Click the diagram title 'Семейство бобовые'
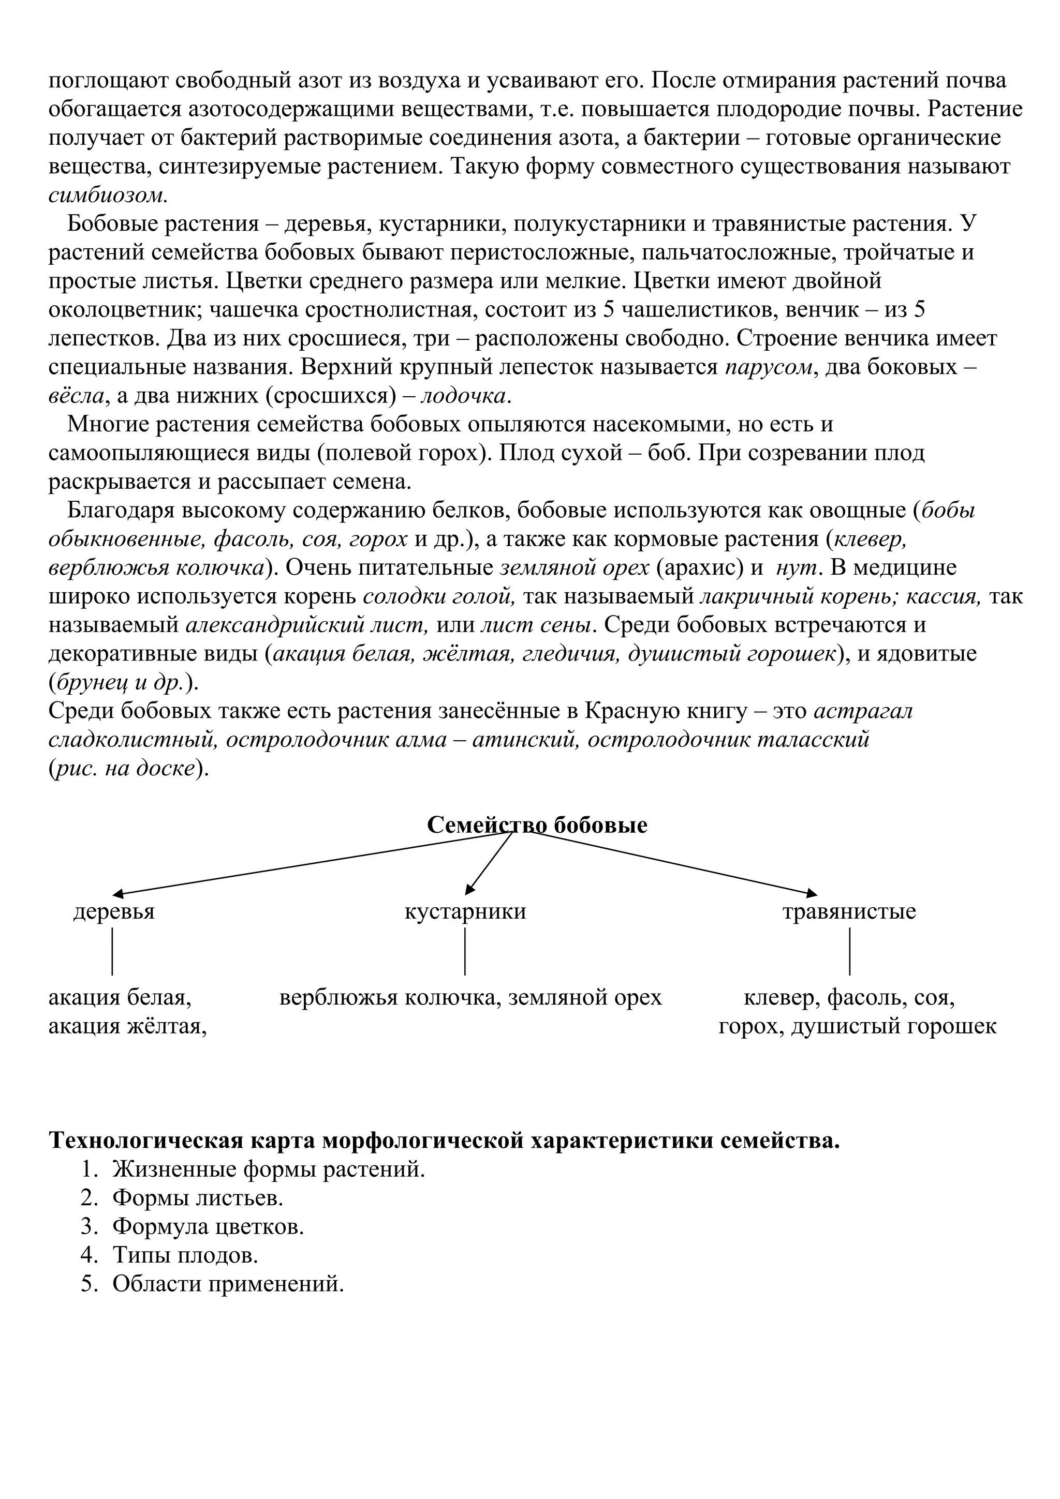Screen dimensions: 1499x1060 click(537, 825)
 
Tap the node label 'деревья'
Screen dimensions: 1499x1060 click(114, 911)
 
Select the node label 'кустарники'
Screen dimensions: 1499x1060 click(465, 911)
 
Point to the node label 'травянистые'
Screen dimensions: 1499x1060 click(849, 911)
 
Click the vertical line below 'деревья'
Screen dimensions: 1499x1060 click(112, 951)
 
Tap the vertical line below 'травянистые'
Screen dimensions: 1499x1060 click(850, 951)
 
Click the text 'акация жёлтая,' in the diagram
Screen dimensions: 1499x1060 click(127, 1026)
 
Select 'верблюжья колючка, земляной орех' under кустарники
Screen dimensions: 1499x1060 click(470, 998)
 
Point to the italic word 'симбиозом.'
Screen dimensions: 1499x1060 click(108, 195)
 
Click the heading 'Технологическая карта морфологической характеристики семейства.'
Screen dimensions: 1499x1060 click(444, 1141)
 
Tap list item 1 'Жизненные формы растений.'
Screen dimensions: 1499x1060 click(268, 1170)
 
